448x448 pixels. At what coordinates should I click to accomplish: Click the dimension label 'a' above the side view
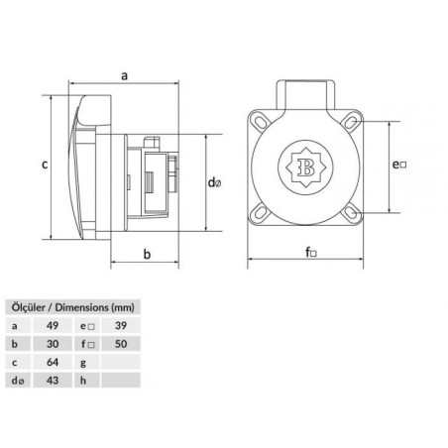(x=124, y=74)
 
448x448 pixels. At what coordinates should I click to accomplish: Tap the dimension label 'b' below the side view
(x=147, y=255)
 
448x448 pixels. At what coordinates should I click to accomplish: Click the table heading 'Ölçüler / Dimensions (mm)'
(x=71, y=305)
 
